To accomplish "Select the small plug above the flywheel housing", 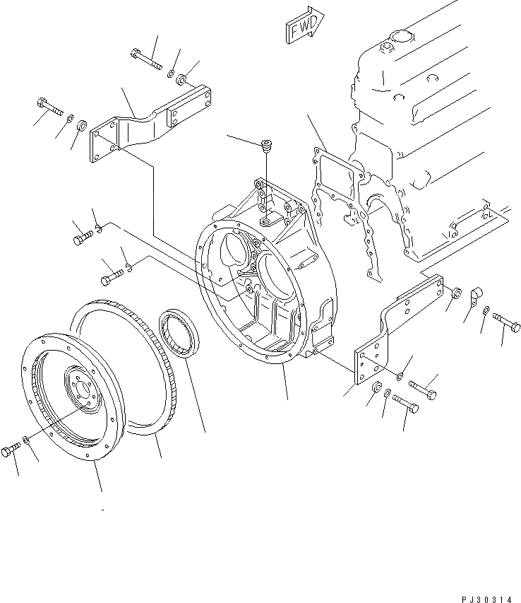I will click(266, 146).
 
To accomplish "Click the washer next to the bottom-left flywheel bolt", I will click(26, 441).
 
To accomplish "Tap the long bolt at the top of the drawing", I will click(145, 57).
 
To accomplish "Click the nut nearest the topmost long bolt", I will click(183, 77).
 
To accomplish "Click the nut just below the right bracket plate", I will click(377, 387).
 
